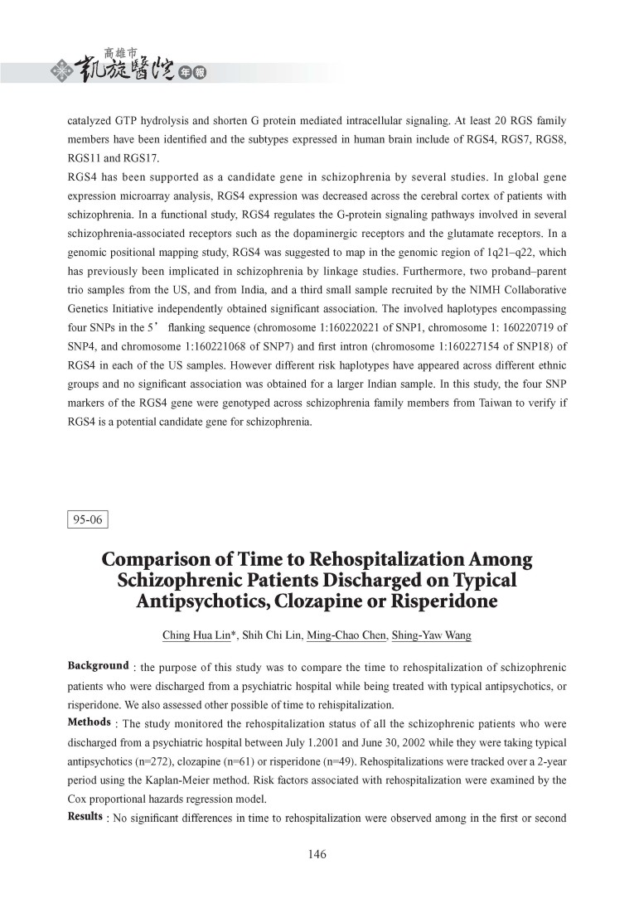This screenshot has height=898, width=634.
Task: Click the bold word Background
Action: pos(98,667)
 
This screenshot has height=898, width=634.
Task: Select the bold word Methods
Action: pos(89,722)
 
